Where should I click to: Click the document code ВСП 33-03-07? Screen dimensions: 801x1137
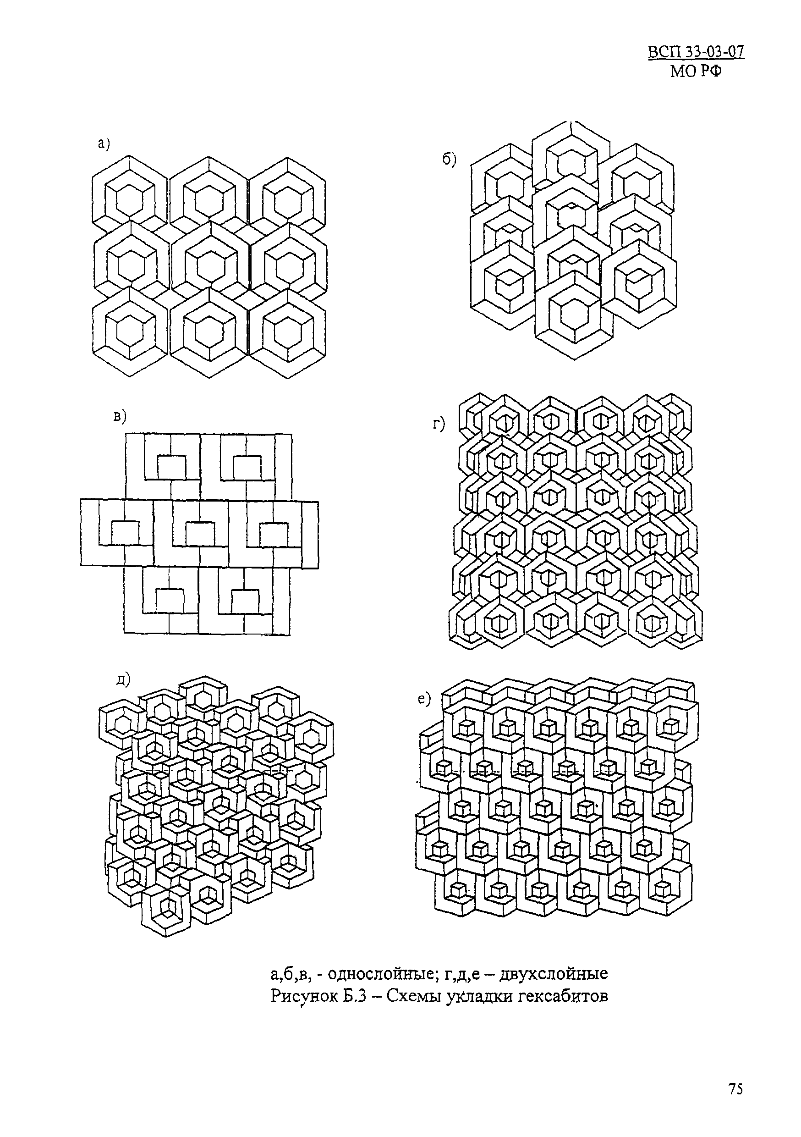696,52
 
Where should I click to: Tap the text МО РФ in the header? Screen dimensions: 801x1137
696,72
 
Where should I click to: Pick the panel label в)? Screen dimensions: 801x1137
120,416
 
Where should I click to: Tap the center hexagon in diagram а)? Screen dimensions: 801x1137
210,261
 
